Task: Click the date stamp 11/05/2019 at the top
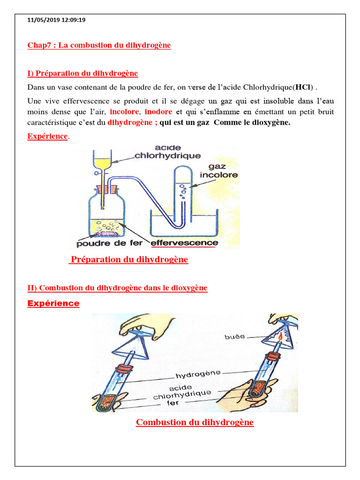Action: pyautogui.click(x=42, y=20)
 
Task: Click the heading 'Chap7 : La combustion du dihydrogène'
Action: pyautogui.click(x=99, y=45)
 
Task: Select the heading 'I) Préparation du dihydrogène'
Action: pyautogui.click(x=82, y=74)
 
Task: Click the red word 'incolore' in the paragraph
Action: pyautogui.click(x=124, y=112)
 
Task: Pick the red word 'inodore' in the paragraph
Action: pyautogui.click(x=158, y=112)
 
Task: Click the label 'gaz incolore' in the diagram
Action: pyautogui.click(x=218, y=171)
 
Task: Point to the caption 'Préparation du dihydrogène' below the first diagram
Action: pyautogui.click(x=128, y=260)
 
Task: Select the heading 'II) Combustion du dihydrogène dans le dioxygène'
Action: pyautogui.click(x=117, y=288)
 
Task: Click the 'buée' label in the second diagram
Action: pyautogui.click(x=234, y=337)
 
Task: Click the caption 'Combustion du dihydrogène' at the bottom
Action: pyautogui.click(x=195, y=422)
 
